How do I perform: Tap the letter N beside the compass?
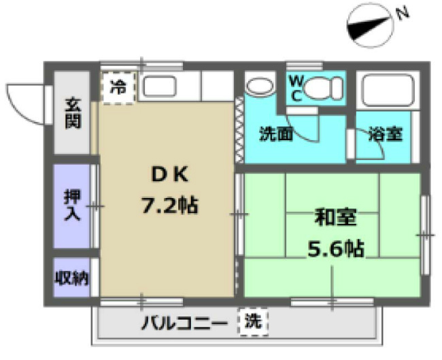(403, 13)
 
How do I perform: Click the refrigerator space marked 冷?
(119, 86)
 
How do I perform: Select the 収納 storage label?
(72, 278)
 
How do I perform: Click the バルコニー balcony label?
(183, 322)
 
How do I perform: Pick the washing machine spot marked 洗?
(252, 321)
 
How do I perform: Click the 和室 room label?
(333, 218)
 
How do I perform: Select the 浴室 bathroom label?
(386, 134)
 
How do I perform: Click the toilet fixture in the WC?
(323, 87)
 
